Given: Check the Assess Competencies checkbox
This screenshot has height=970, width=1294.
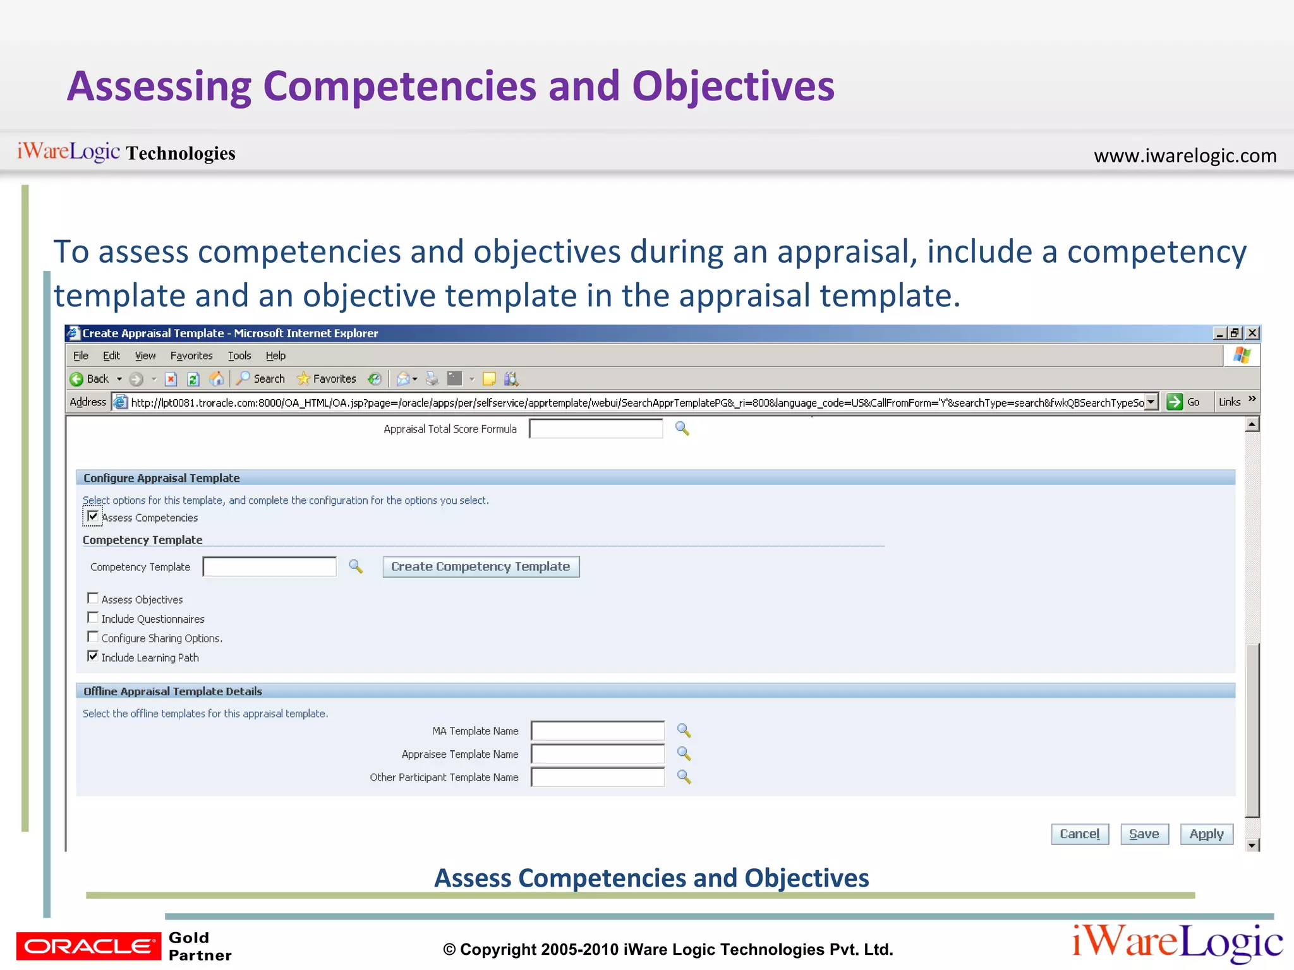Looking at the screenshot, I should point(93,517).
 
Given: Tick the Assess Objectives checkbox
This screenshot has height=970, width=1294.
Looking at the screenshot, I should point(93,598).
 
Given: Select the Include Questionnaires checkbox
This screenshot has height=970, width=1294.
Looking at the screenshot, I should point(93,618).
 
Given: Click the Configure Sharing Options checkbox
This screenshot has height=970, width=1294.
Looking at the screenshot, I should point(93,637).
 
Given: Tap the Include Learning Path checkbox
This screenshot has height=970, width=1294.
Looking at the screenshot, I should point(93,656).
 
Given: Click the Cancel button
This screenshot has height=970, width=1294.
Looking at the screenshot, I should point(1079,834).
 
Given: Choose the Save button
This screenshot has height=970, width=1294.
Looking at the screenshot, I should point(1144,834).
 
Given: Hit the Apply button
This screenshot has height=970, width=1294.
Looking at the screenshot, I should point(1206,834).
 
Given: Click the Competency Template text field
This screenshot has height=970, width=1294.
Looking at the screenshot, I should point(270,566).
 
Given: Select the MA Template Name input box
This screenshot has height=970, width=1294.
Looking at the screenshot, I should point(597,731).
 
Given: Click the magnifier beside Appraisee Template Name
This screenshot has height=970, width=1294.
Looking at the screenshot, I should point(684,753).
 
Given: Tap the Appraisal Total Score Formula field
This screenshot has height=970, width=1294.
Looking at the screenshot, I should point(595,429).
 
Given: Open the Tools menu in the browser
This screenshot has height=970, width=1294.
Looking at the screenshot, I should point(239,356).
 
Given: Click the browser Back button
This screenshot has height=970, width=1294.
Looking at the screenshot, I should point(89,379).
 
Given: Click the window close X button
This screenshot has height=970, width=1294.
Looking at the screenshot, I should point(1252,333).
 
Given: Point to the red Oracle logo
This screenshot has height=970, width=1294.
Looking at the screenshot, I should point(88,946).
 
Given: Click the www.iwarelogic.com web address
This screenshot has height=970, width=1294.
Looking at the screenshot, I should point(1185,155).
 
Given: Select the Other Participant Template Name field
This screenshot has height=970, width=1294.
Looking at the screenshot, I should point(597,777).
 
